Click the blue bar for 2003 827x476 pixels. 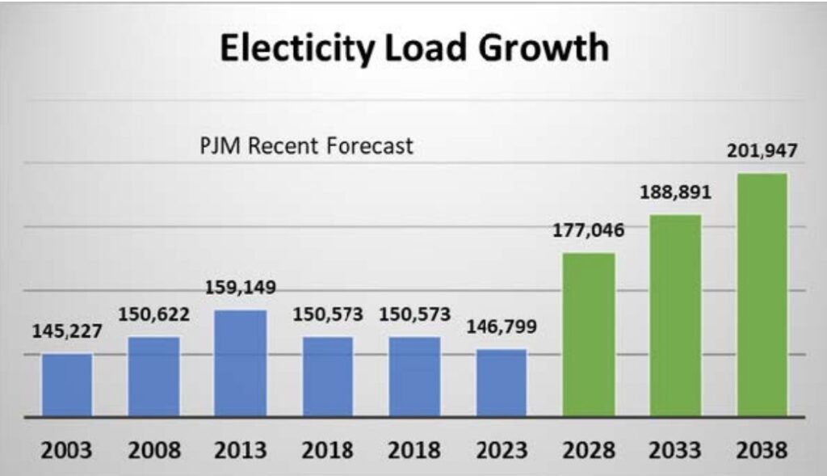pos(67,385)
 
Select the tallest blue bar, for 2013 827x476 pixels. pos(241,364)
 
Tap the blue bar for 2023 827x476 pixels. pos(501,383)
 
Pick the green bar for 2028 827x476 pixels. pos(588,335)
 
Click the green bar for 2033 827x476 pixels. pos(675,316)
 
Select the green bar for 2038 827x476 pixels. pos(762,295)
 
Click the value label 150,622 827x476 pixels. pos(153,314)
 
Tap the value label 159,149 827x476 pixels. pos(241,288)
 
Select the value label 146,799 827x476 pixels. pos(501,328)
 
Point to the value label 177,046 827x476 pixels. pos(588,232)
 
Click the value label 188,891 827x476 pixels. pos(675,194)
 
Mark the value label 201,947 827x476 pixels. pos(762,150)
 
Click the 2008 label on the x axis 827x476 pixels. pos(153,449)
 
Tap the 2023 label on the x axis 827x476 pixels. pos(501,449)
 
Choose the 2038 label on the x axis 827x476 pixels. pos(762,449)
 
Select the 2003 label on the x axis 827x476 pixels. pos(67,449)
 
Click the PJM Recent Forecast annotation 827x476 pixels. pos(306,146)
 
